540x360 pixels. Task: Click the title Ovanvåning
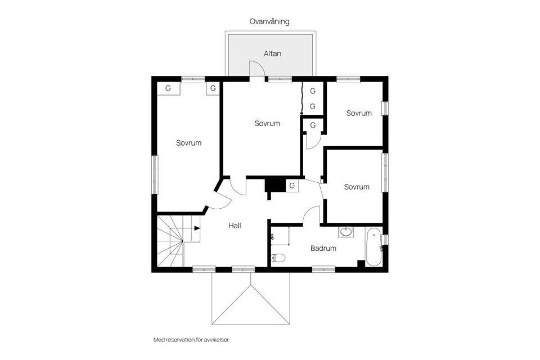(269, 21)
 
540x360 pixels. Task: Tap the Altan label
(272, 54)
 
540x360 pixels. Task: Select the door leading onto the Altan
(257, 68)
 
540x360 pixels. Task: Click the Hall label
(235, 226)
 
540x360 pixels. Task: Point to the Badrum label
(323, 248)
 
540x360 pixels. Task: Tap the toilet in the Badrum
(278, 258)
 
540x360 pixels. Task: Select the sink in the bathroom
(346, 231)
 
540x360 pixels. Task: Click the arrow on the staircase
(196, 228)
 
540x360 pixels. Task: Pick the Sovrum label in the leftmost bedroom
(188, 143)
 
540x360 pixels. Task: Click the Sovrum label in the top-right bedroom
(359, 113)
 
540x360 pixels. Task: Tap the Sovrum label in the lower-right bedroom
(357, 187)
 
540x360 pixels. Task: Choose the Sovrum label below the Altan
(267, 123)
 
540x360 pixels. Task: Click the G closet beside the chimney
(292, 186)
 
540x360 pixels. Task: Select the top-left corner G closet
(168, 88)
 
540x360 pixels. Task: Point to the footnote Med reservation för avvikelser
(192, 339)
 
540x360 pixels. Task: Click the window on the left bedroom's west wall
(155, 174)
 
